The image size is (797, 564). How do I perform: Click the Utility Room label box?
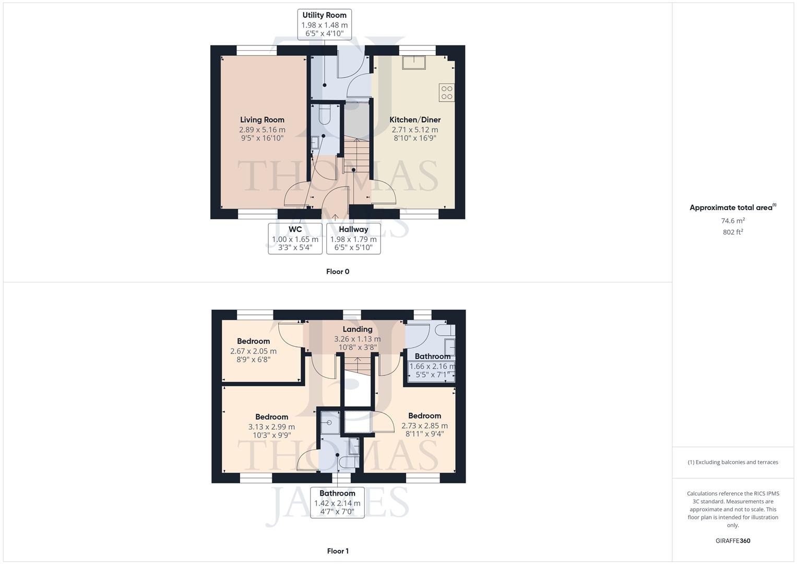[x=324, y=24]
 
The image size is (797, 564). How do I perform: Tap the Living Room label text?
[x=262, y=120]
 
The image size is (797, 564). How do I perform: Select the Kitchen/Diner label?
[x=415, y=120]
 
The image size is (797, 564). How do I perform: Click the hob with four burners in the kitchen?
[x=447, y=92]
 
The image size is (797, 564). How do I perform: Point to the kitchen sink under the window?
[x=413, y=62]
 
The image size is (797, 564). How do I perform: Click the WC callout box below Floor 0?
[x=295, y=239]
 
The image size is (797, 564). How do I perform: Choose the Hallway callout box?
[x=353, y=239]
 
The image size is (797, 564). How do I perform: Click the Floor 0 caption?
[x=338, y=272]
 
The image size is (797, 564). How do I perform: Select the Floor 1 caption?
[x=338, y=551]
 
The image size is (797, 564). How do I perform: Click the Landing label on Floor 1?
[x=358, y=329]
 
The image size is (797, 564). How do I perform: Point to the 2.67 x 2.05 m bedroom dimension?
[x=253, y=351]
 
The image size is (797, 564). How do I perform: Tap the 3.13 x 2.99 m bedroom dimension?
[x=271, y=427]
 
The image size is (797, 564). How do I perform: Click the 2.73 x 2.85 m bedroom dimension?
[x=424, y=426]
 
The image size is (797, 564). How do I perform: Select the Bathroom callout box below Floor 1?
[x=337, y=502]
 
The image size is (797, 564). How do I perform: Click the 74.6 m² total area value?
[x=733, y=221]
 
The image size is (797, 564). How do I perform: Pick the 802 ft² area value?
[x=733, y=232]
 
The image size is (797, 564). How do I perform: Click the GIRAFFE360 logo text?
[x=733, y=541]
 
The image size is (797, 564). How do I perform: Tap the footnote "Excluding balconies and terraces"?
[x=733, y=462]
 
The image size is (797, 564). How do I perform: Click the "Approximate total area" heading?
[x=731, y=207]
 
